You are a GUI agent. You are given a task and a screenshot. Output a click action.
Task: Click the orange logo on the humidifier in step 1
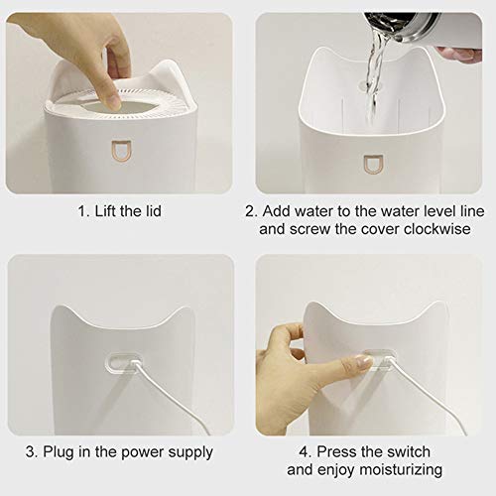tap(120, 150)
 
